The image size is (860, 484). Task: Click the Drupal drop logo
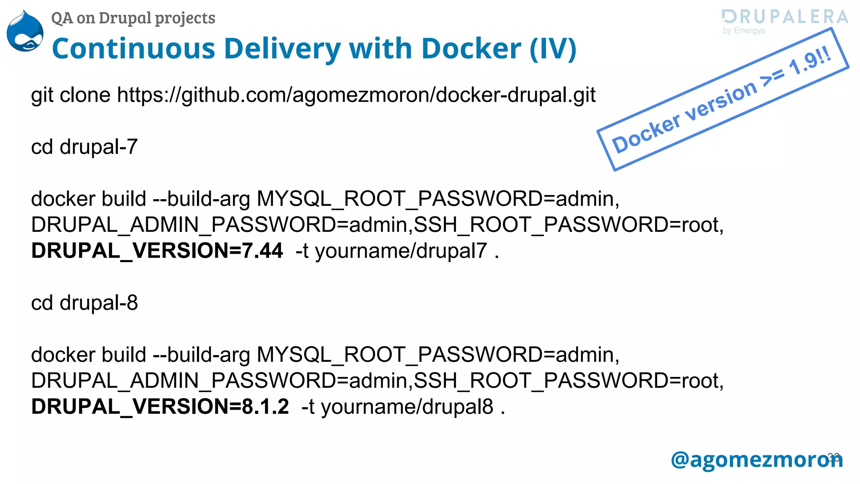point(25,32)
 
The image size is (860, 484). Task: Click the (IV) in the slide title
point(553,49)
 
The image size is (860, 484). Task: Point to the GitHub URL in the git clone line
point(356,95)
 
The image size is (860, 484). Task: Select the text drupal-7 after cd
point(99,147)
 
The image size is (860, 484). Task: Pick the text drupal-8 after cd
point(99,303)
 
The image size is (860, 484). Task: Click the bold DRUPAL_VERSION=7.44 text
point(157,251)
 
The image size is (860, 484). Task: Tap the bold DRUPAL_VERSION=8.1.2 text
point(160,407)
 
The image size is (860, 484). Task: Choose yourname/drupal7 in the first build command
point(401,251)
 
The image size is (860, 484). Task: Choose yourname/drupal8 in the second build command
point(407,407)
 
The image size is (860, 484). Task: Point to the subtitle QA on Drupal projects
point(133,18)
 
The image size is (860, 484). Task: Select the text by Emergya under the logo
point(744,31)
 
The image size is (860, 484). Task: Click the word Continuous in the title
point(134,49)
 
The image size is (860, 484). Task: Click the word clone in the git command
point(85,95)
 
